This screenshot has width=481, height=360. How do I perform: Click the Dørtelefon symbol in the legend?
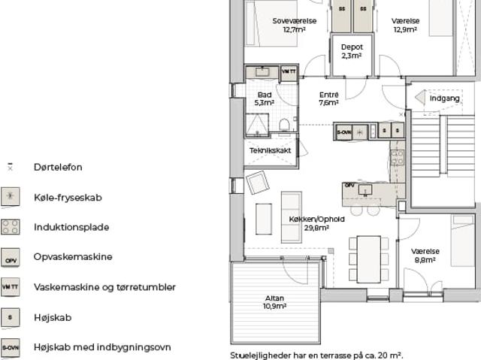click(11, 167)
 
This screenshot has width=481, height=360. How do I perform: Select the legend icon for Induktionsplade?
click(11, 226)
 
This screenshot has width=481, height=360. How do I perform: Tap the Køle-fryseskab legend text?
click(68, 198)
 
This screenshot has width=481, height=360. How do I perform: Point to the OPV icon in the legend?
click(11, 257)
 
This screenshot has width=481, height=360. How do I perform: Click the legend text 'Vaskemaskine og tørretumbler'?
click(104, 287)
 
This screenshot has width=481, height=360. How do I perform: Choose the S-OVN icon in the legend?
click(11, 347)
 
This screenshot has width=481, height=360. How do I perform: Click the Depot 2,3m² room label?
click(351, 51)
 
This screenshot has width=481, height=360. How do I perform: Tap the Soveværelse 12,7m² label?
click(293, 26)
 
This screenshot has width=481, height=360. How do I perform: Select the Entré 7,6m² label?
click(328, 98)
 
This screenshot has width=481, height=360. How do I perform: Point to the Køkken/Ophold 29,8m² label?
click(316, 223)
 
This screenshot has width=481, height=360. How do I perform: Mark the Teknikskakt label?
click(271, 150)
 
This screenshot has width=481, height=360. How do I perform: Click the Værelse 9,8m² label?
click(425, 256)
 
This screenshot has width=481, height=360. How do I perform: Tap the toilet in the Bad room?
click(285, 124)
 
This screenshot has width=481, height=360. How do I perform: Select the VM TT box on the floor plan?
click(289, 72)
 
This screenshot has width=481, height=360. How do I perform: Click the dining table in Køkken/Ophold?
click(368, 259)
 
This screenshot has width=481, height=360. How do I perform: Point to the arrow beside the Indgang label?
click(420, 98)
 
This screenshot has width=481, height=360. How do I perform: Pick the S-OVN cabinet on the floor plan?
click(344, 131)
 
